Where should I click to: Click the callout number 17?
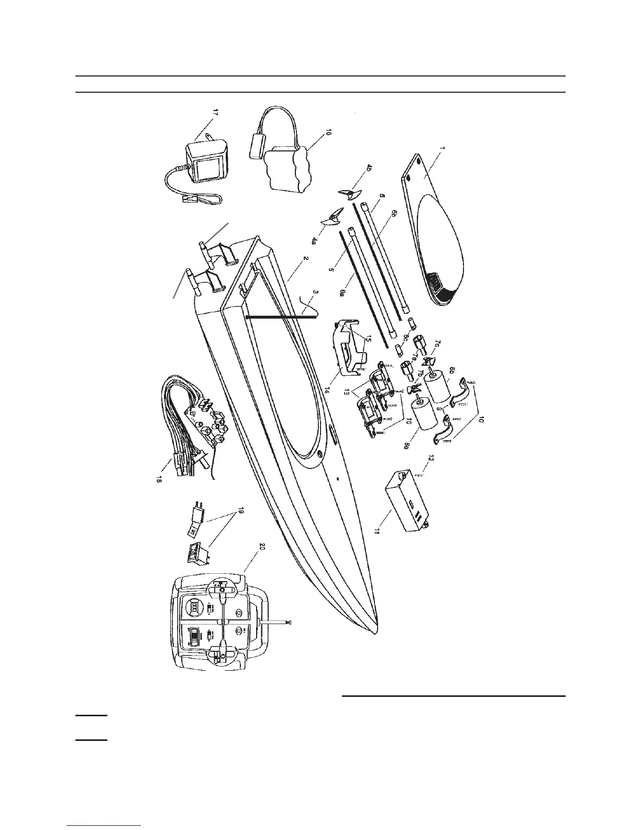coord(214,113)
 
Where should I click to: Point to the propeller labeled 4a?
coord(331,218)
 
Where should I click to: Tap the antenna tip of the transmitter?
coord(289,622)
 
